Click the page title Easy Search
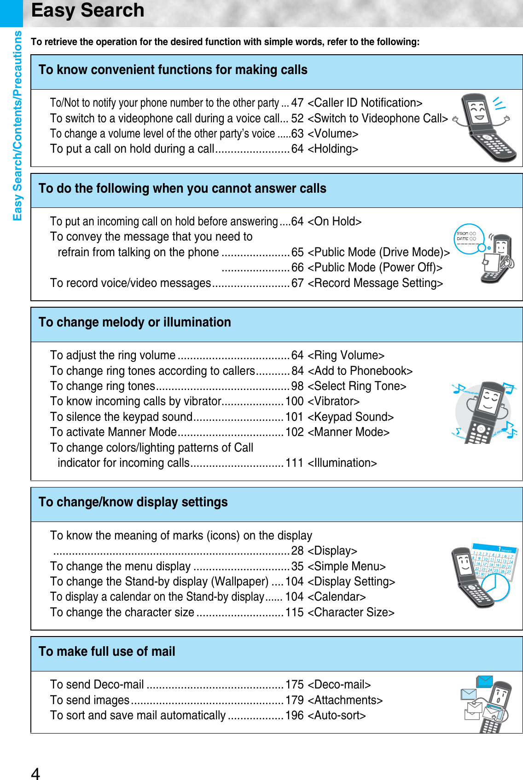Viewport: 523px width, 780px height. [x=87, y=11]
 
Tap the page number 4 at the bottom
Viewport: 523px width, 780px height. [x=35, y=773]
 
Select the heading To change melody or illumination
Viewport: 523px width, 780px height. [x=135, y=322]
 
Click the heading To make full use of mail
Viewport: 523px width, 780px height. [x=107, y=651]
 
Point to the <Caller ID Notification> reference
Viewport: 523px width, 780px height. [x=365, y=103]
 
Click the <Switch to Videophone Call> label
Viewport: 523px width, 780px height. [x=378, y=118]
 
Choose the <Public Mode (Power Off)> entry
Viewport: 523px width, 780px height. [x=375, y=267]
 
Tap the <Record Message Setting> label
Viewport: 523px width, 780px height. [x=375, y=283]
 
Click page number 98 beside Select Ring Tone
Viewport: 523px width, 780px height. [x=297, y=386]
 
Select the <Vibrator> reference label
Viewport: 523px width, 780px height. [x=333, y=401]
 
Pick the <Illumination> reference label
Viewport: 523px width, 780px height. [x=342, y=463]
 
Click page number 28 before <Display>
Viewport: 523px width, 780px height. [x=297, y=551]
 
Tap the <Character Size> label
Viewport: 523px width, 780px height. [x=351, y=612]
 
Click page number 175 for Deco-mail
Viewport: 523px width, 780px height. [x=295, y=684]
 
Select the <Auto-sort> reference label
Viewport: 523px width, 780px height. [x=337, y=715]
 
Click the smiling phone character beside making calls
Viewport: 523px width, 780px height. [x=483, y=126]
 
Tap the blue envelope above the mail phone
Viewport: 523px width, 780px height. [x=485, y=681]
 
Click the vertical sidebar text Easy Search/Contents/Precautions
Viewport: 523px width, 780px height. [x=17, y=126]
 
